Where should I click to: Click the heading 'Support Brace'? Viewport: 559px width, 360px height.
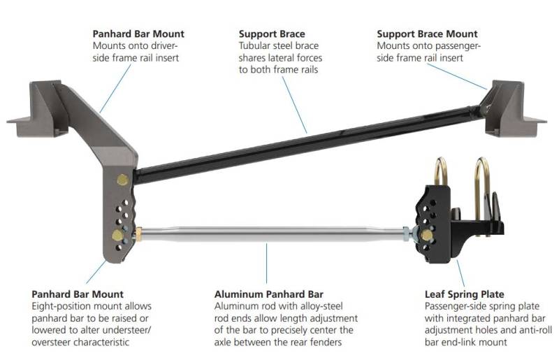coord(272,34)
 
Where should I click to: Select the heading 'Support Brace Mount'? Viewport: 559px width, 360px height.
coord(427,34)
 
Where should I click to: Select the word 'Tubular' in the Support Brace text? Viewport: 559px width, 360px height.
coord(256,46)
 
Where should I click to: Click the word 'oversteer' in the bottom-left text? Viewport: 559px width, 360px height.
coord(57,342)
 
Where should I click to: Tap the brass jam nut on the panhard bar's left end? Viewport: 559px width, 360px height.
coord(139,231)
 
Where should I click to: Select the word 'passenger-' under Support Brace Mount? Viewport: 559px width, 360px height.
coord(457,46)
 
